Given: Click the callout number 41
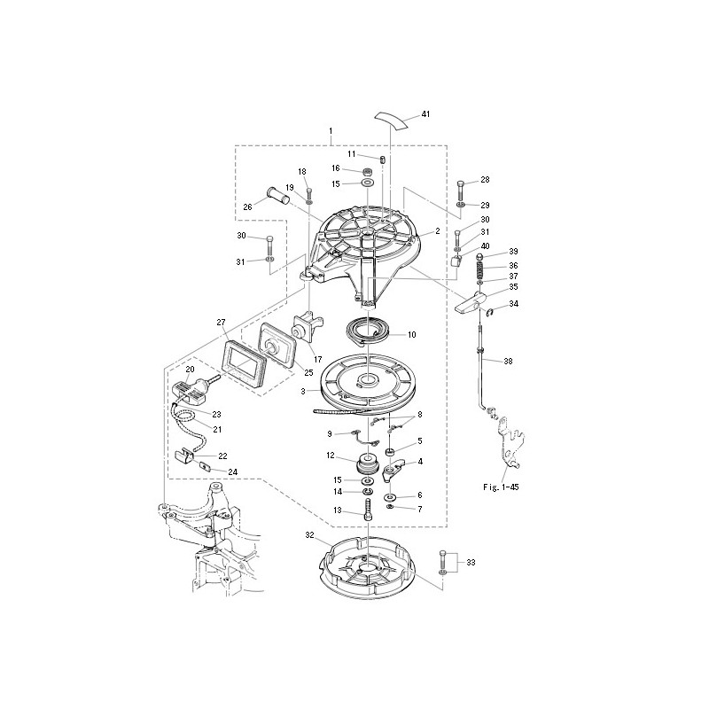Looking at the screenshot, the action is point(425,114).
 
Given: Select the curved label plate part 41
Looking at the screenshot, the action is point(392,120).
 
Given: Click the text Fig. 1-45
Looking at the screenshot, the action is point(501,487).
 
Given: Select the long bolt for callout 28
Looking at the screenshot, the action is point(460,191).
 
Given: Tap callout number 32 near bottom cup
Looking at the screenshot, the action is point(309,535).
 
